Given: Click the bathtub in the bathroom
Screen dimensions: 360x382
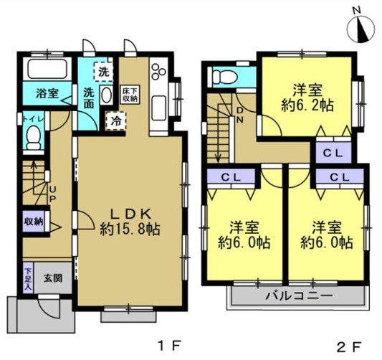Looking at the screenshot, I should [47, 70].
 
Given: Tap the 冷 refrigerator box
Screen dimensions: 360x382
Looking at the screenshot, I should [115, 121].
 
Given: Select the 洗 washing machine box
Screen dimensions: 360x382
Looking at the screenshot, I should [105, 72].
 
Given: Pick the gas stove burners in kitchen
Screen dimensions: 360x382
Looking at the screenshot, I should [158, 71].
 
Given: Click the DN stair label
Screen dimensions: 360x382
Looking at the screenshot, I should [239, 115].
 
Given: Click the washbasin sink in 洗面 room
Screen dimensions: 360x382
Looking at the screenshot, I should [106, 97].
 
